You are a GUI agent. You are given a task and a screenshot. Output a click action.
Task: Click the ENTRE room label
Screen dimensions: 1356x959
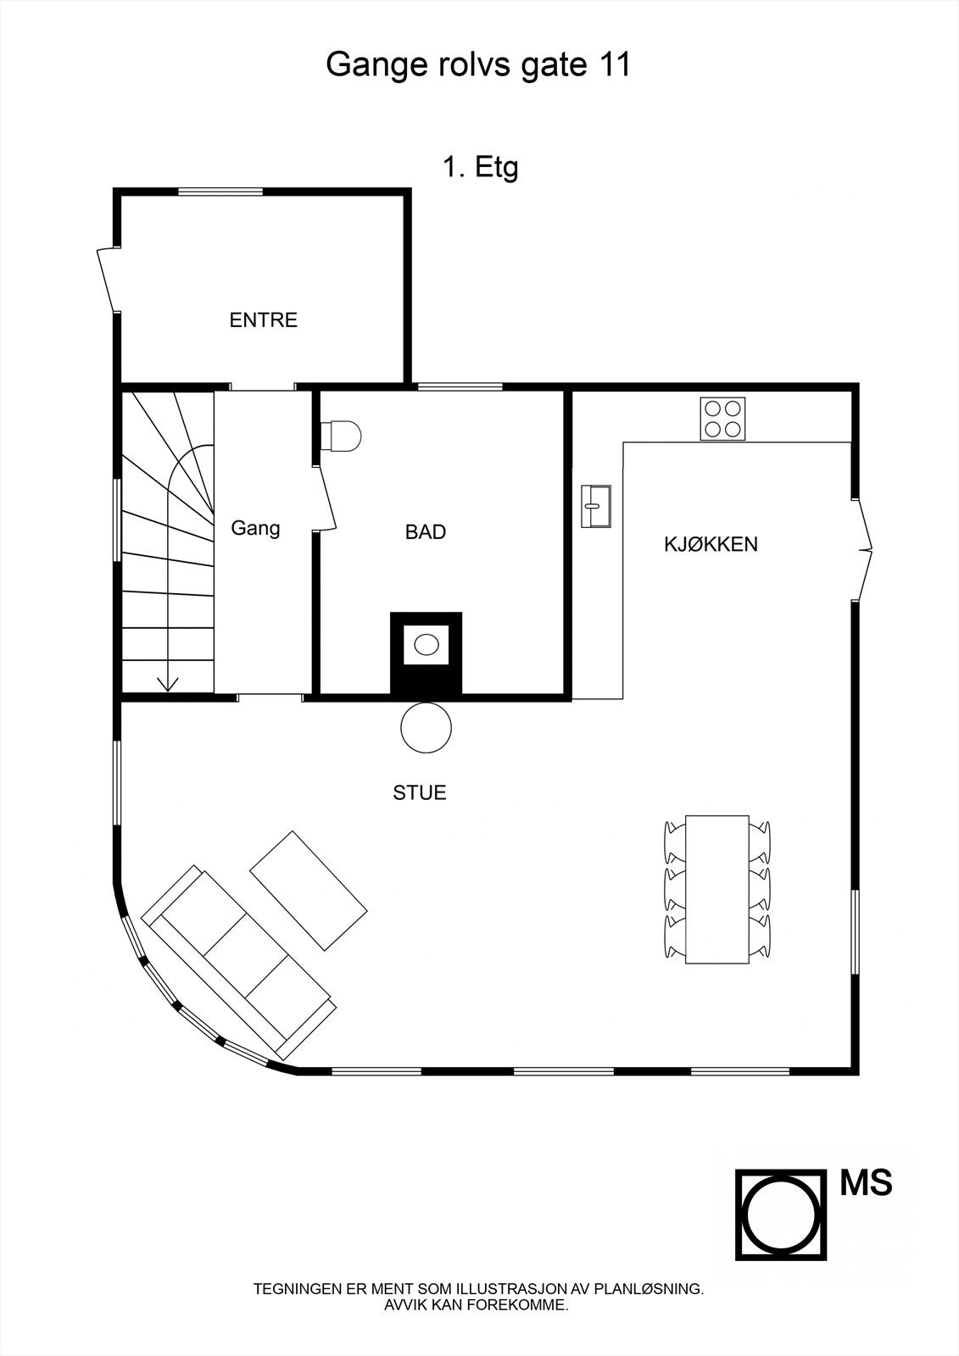pos(264,320)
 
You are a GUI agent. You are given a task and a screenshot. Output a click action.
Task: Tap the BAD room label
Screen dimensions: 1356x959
pos(426,532)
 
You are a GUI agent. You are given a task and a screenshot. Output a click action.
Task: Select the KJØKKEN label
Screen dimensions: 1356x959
pos(711,544)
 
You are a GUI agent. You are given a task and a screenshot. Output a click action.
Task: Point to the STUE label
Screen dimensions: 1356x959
pos(420,793)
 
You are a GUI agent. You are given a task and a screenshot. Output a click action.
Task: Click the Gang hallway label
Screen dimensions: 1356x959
pos(255,528)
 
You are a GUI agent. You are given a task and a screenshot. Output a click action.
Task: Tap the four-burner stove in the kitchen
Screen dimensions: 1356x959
pos(722,419)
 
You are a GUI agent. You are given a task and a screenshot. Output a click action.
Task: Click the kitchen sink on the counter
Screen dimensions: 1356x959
pos(596,506)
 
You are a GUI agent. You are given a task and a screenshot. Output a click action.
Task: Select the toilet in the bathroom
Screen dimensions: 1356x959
pos(342,436)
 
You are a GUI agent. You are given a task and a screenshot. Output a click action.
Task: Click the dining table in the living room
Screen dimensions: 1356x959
pos(716,889)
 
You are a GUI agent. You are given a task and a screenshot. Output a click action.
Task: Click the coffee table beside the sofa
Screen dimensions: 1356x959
pos(309,890)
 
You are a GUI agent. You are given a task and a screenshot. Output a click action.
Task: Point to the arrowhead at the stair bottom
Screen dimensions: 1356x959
pos(168,683)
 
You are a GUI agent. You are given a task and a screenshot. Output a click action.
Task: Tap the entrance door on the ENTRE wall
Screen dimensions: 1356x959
pos(109,280)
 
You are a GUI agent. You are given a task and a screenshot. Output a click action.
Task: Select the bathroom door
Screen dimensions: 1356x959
pos(326,498)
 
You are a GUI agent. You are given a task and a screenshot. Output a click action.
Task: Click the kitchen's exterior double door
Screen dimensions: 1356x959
pos(863,549)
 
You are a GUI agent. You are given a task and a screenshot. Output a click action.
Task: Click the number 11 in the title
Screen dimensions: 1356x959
pos(613,65)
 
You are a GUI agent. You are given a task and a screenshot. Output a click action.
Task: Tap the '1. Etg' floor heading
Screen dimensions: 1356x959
pos(480,168)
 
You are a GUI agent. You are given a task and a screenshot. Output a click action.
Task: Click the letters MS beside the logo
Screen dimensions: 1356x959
pos(866,1183)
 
